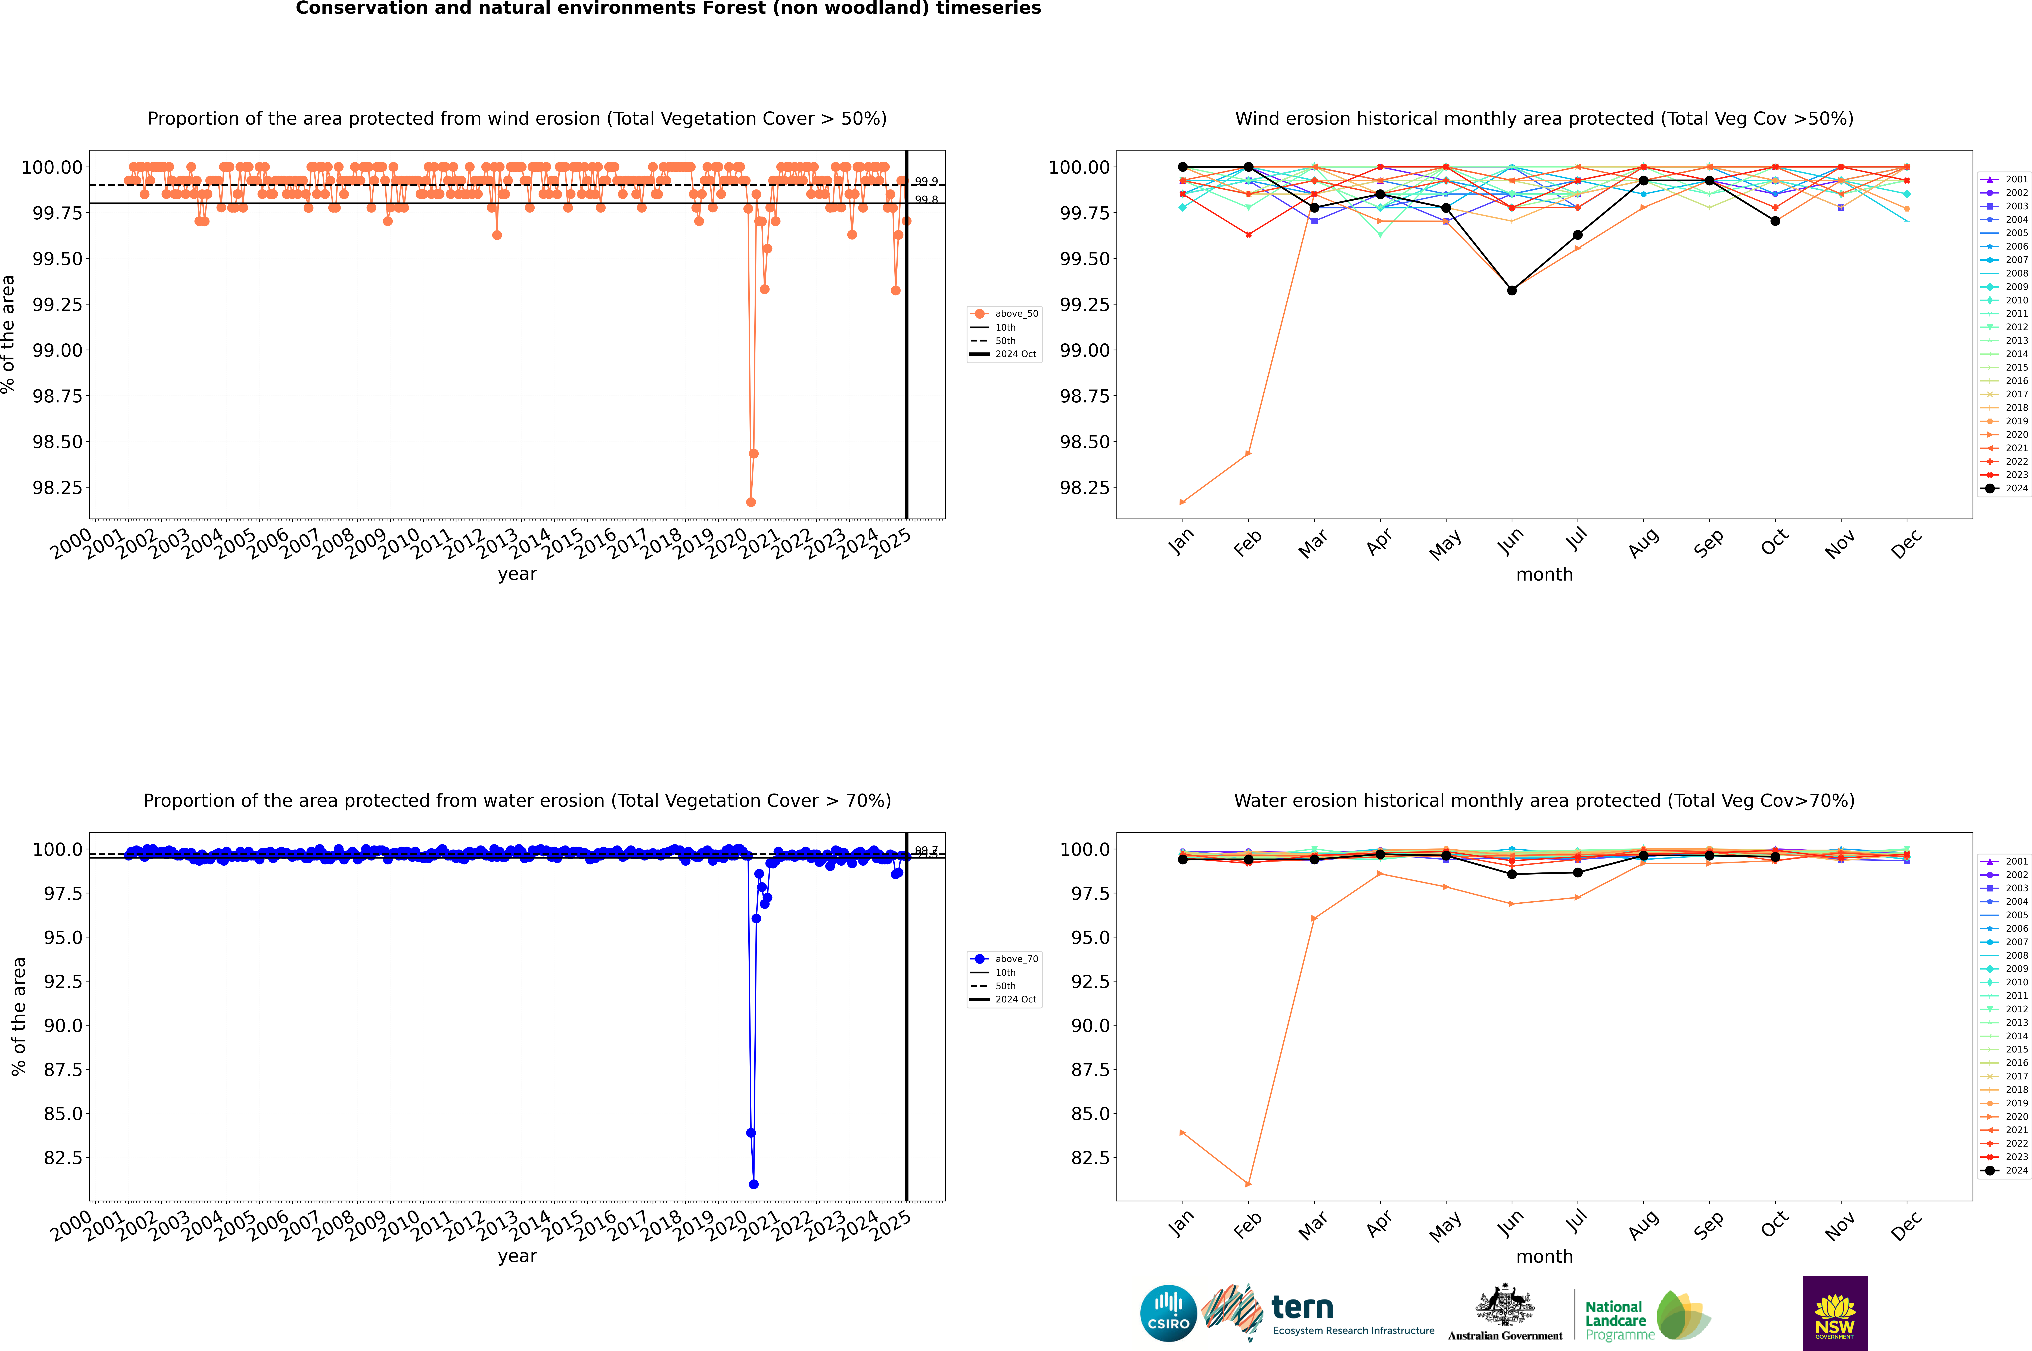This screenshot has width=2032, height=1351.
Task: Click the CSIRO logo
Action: tap(1168, 1313)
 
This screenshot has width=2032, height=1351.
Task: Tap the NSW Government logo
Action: tap(1835, 1313)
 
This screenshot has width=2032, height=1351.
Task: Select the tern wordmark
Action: tap(1302, 1308)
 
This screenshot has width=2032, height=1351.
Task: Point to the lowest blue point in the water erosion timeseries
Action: tap(754, 1184)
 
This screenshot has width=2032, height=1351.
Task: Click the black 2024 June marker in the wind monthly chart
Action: tap(1512, 290)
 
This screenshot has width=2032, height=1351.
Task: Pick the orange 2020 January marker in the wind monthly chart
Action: tap(1183, 501)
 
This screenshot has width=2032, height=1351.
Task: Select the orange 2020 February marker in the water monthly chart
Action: tap(1248, 1184)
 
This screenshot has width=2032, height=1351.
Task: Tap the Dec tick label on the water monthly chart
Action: tap(1906, 1225)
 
